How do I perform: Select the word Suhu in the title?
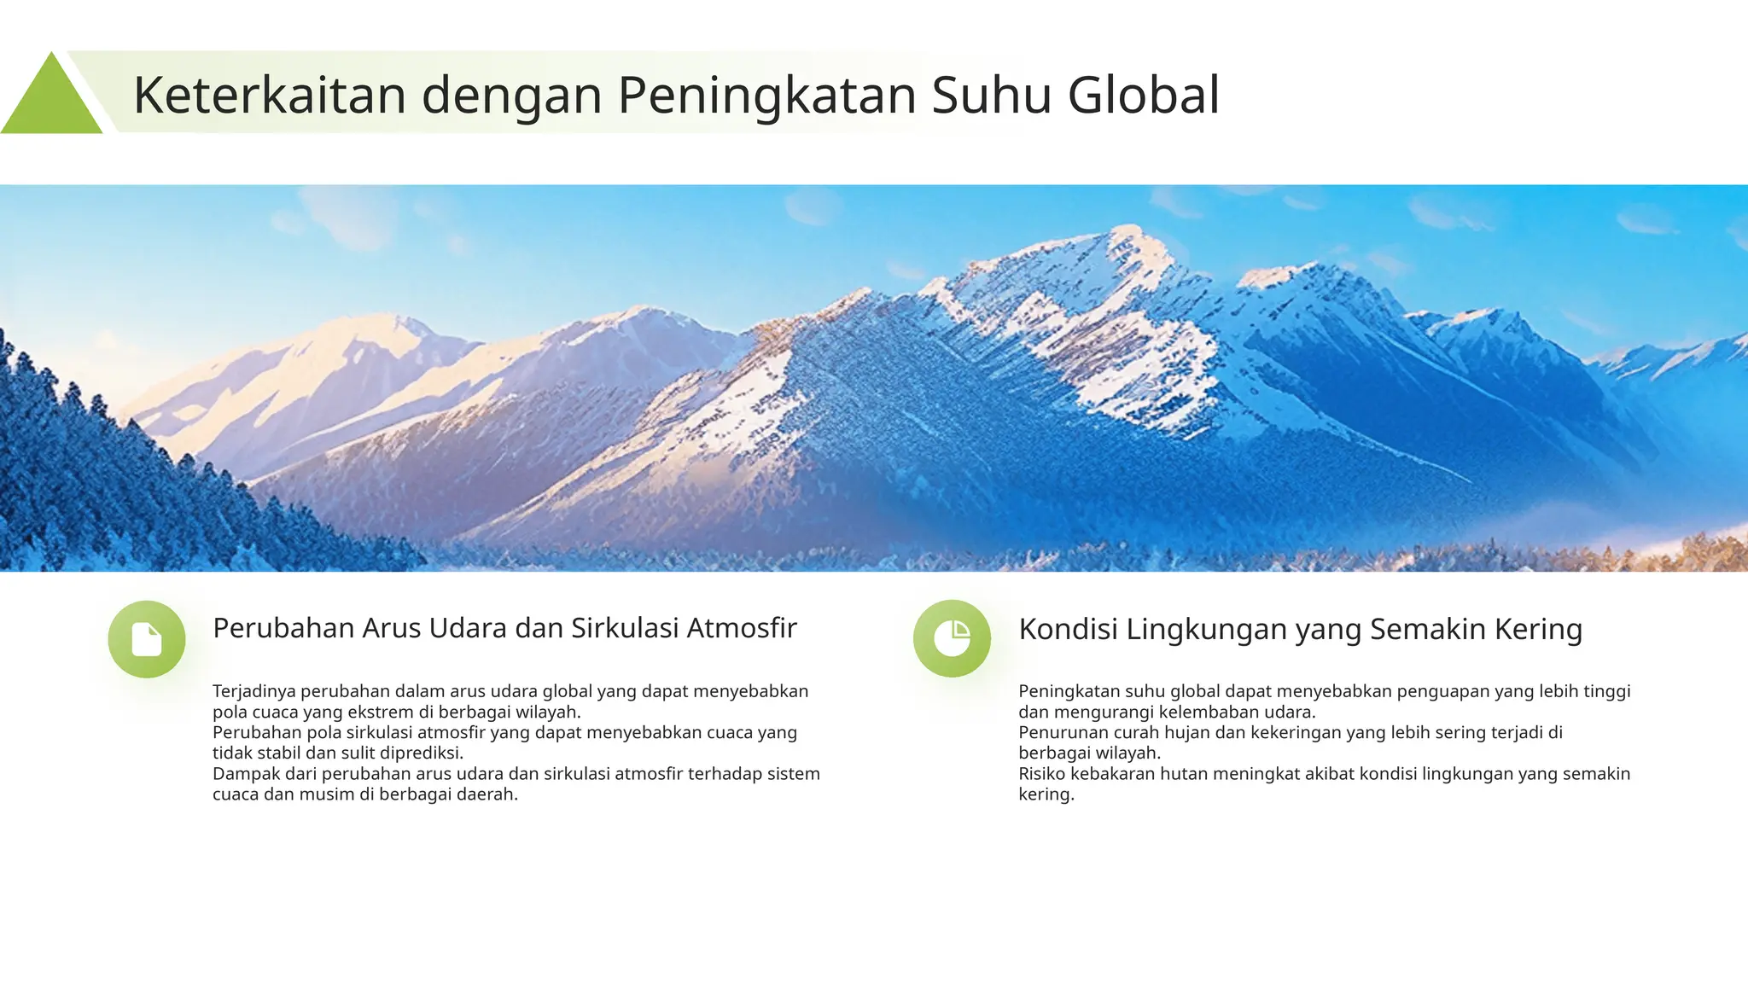tap(992, 95)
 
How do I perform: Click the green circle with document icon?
tap(147, 639)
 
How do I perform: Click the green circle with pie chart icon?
tap(952, 639)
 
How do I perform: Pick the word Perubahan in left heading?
tap(283, 628)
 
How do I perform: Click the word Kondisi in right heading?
tap(1068, 629)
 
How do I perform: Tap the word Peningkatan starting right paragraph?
tap(1067, 691)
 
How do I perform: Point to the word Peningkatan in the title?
tap(766, 95)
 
